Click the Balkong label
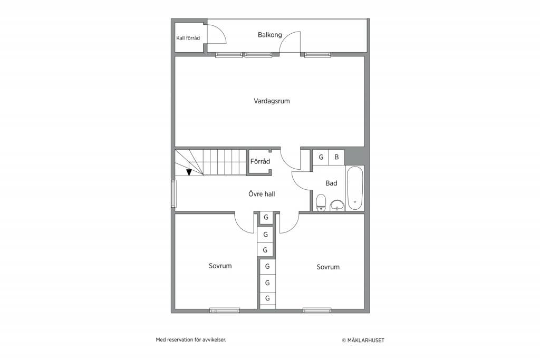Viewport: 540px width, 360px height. click(269, 35)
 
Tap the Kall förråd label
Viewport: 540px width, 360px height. click(188, 38)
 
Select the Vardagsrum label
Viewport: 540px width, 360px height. click(272, 101)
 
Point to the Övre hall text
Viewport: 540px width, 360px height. click(262, 194)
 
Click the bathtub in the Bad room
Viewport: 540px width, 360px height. click(355, 188)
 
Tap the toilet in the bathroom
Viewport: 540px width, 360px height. click(321, 202)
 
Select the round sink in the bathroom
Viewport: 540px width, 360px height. click(337, 206)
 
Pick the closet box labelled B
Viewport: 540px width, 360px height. click(336, 157)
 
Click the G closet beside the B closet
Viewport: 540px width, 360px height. click(321, 157)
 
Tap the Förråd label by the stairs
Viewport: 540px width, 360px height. click(260, 161)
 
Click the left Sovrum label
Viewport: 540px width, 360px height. click(220, 266)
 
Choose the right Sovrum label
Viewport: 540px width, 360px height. click(328, 267)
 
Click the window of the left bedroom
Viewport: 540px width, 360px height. click(225, 310)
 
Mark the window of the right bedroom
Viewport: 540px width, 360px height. click(317, 310)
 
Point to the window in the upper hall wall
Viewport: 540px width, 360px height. click(173, 194)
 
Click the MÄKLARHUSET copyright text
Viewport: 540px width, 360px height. click(363, 340)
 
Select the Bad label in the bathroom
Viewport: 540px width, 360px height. click(331, 183)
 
